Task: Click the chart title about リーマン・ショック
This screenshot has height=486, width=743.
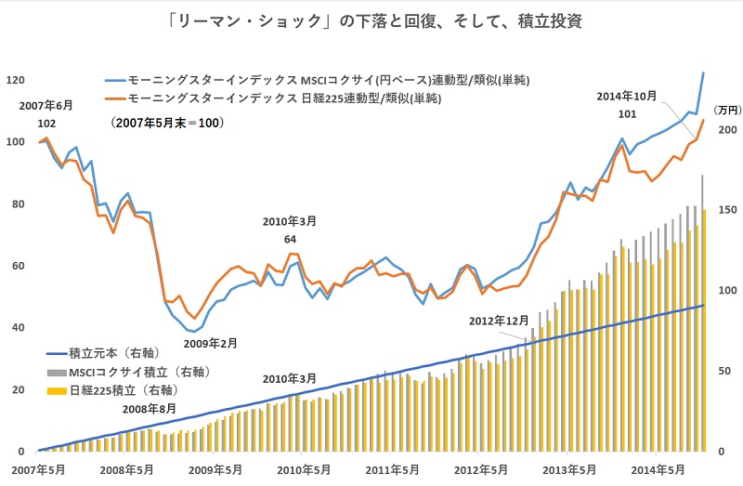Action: (x=371, y=20)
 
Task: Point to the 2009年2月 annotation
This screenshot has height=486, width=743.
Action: (x=210, y=343)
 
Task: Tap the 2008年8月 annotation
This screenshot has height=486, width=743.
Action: (x=149, y=409)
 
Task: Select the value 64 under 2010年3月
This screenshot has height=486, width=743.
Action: (x=290, y=240)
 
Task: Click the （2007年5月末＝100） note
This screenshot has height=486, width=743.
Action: (x=166, y=123)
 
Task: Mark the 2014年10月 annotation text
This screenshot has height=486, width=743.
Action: (x=627, y=96)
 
